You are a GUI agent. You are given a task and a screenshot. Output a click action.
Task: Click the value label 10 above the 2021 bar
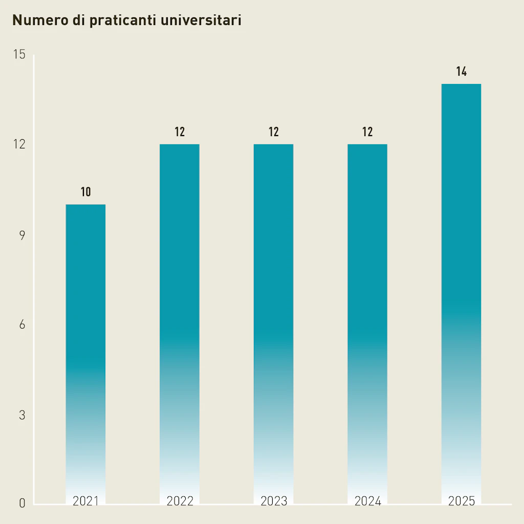pos(85,192)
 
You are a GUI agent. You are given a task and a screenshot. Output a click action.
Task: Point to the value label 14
pos(462,72)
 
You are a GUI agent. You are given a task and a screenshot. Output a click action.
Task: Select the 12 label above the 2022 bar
pos(180,132)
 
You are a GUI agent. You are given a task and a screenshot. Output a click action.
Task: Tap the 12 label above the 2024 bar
pos(367,132)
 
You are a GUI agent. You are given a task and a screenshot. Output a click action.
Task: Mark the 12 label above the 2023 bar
pos(274,132)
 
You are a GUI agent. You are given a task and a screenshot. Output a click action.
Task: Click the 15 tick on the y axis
pos(19,55)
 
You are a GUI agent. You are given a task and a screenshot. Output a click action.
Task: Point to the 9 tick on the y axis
pos(22,235)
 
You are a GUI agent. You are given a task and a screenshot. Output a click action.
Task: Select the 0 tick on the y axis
pos(22,504)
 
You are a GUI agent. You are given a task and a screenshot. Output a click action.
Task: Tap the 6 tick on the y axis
pos(22,325)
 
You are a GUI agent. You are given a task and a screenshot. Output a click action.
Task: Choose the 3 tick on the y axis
pos(22,415)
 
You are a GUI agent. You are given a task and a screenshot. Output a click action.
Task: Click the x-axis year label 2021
pos(85,501)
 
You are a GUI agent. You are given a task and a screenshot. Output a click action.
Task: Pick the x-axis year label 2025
pos(462,501)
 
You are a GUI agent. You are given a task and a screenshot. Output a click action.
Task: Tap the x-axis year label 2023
pos(274,501)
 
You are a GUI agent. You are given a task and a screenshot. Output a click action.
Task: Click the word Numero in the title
pos(35,20)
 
